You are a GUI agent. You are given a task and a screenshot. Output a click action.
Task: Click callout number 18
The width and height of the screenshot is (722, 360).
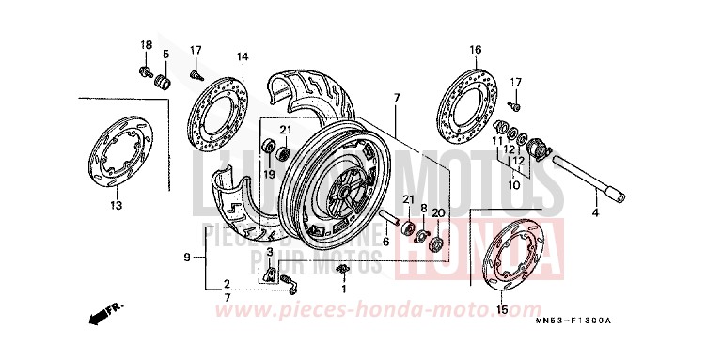[x=146, y=46]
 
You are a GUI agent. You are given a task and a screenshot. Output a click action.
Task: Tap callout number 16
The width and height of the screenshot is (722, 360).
[x=475, y=49]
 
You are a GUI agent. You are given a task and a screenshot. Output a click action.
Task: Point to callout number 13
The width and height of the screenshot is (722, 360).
[x=117, y=206]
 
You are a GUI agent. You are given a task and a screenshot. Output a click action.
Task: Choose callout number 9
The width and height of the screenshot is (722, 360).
[x=187, y=258]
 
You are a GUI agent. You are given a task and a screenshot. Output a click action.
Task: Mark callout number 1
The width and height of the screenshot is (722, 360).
[x=343, y=290]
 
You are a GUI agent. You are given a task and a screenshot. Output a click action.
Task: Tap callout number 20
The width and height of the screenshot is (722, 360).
[x=437, y=213]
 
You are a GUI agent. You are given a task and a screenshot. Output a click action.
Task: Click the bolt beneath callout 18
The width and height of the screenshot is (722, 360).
[x=147, y=70]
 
